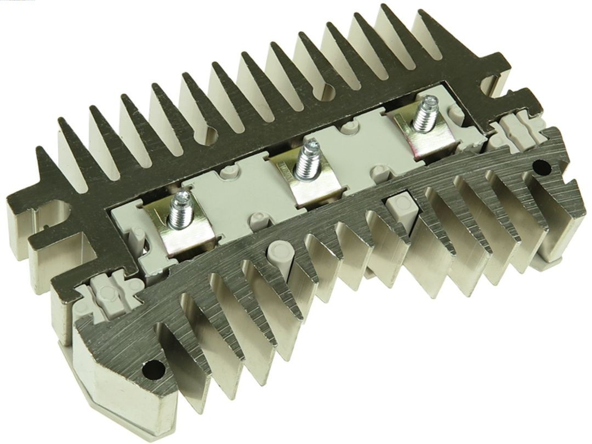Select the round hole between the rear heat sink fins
click(x=330, y=91)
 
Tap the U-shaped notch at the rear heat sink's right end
click(x=489, y=82)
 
